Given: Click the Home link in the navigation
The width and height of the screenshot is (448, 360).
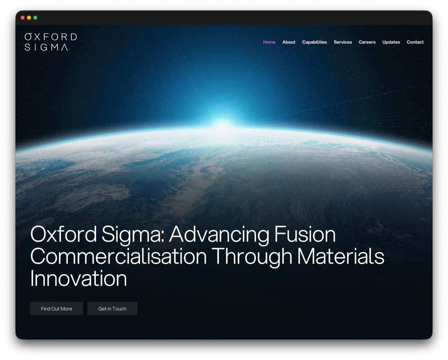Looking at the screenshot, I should click(x=269, y=42).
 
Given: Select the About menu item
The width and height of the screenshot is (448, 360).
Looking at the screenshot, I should click(x=289, y=42).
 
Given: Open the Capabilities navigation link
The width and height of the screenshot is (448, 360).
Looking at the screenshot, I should click(x=315, y=42).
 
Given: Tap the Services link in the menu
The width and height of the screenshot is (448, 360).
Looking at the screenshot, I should click(x=343, y=42).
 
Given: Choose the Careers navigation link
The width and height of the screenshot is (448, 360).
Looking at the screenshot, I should click(x=367, y=42).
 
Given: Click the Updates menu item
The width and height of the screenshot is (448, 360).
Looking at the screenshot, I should click(x=391, y=42).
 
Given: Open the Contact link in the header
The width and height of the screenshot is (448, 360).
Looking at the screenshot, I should click(x=415, y=42).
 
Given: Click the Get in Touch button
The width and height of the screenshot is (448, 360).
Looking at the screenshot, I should click(x=112, y=309).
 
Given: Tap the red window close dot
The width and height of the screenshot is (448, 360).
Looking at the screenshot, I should click(x=23, y=18).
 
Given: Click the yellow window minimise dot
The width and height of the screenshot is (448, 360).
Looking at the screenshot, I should click(x=29, y=18).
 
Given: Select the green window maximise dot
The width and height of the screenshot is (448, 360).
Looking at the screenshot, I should click(x=35, y=18).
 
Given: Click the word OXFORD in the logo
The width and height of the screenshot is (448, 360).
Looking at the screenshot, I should click(x=51, y=37).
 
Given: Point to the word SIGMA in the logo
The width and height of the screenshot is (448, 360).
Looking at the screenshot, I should click(x=46, y=47).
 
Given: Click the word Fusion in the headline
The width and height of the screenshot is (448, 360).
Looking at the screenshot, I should click(x=304, y=235).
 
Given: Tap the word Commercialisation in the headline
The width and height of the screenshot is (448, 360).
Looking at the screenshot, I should click(x=119, y=257).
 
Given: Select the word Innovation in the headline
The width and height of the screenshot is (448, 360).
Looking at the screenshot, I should click(x=78, y=279).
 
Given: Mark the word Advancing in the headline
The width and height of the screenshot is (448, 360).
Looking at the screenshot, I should click(x=219, y=235).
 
